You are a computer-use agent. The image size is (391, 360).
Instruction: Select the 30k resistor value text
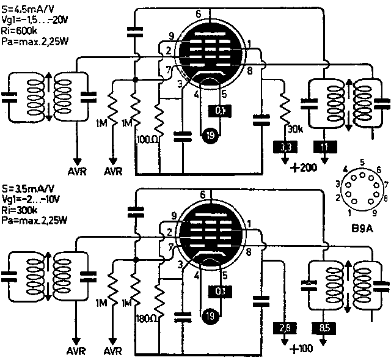295,129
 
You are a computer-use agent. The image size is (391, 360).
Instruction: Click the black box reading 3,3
285,147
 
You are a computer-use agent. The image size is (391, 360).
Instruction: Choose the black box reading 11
324,147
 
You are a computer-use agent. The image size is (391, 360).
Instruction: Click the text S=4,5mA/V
28,8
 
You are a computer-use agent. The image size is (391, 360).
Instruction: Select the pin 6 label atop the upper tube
199,13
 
